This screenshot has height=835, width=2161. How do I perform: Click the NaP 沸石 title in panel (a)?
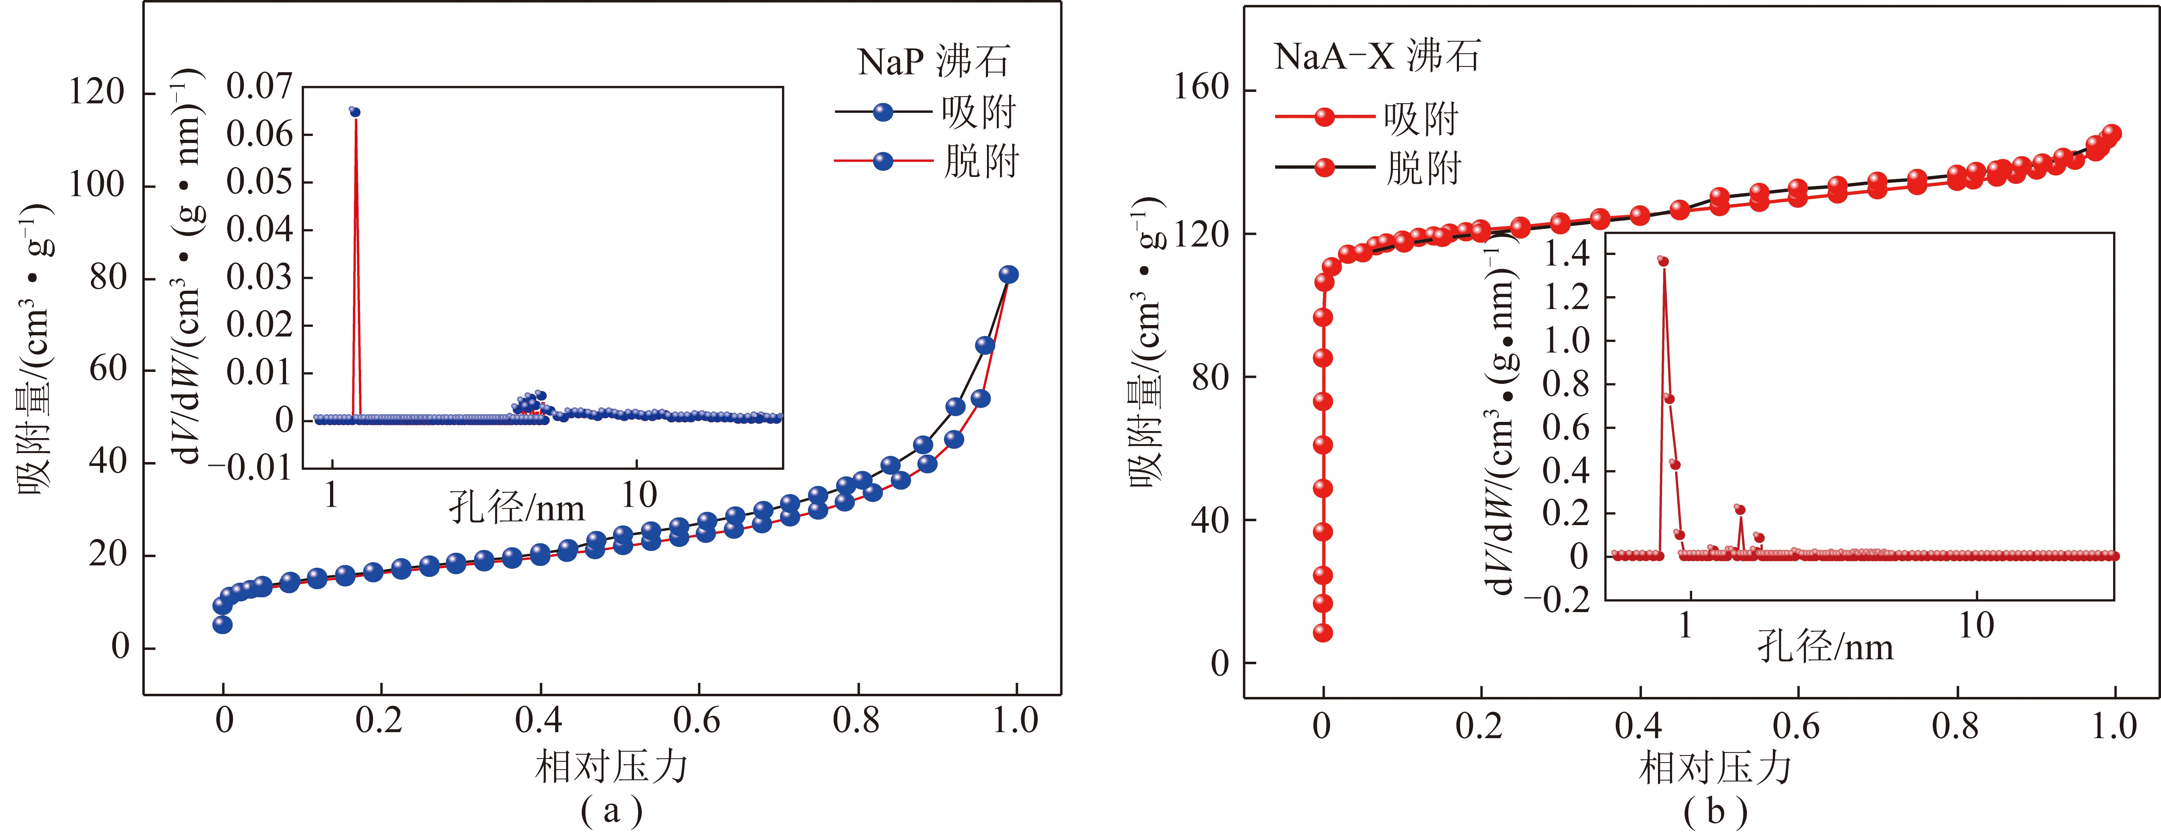coord(933,61)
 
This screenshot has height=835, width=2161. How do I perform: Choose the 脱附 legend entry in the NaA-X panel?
coord(1423,168)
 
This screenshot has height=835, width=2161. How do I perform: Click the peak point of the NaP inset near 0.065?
coord(355,112)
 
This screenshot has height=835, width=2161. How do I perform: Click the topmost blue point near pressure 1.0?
coord(1008,274)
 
